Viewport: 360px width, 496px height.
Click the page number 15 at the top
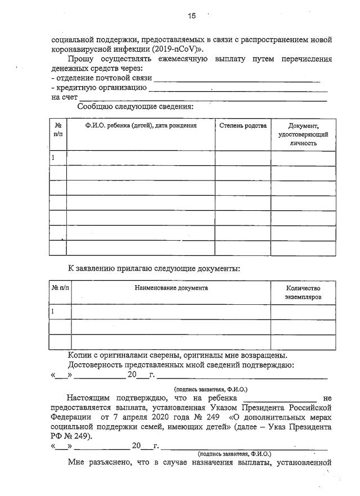click(x=191, y=16)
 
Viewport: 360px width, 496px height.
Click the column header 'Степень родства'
click(x=242, y=126)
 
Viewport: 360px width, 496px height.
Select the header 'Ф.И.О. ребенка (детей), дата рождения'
click(x=141, y=126)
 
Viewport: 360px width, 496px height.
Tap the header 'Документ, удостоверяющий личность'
click(x=303, y=134)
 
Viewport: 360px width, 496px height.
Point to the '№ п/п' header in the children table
click(x=58, y=130)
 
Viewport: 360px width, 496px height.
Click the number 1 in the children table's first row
click(x=53, y=158)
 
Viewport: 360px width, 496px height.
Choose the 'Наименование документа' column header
click(x=171, y=288)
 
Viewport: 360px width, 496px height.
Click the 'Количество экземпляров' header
click(x=303, y=292)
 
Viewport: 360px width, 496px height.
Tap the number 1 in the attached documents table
click(x=53, y=311)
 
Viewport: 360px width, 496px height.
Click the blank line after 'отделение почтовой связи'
click(x=236, y=79)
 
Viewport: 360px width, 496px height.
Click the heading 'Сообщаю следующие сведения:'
click(x=135, y=106)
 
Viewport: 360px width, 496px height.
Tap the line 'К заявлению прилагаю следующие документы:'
click(x=154, y=268)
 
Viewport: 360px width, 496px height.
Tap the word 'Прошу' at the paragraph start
click(x=80, y=58)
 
